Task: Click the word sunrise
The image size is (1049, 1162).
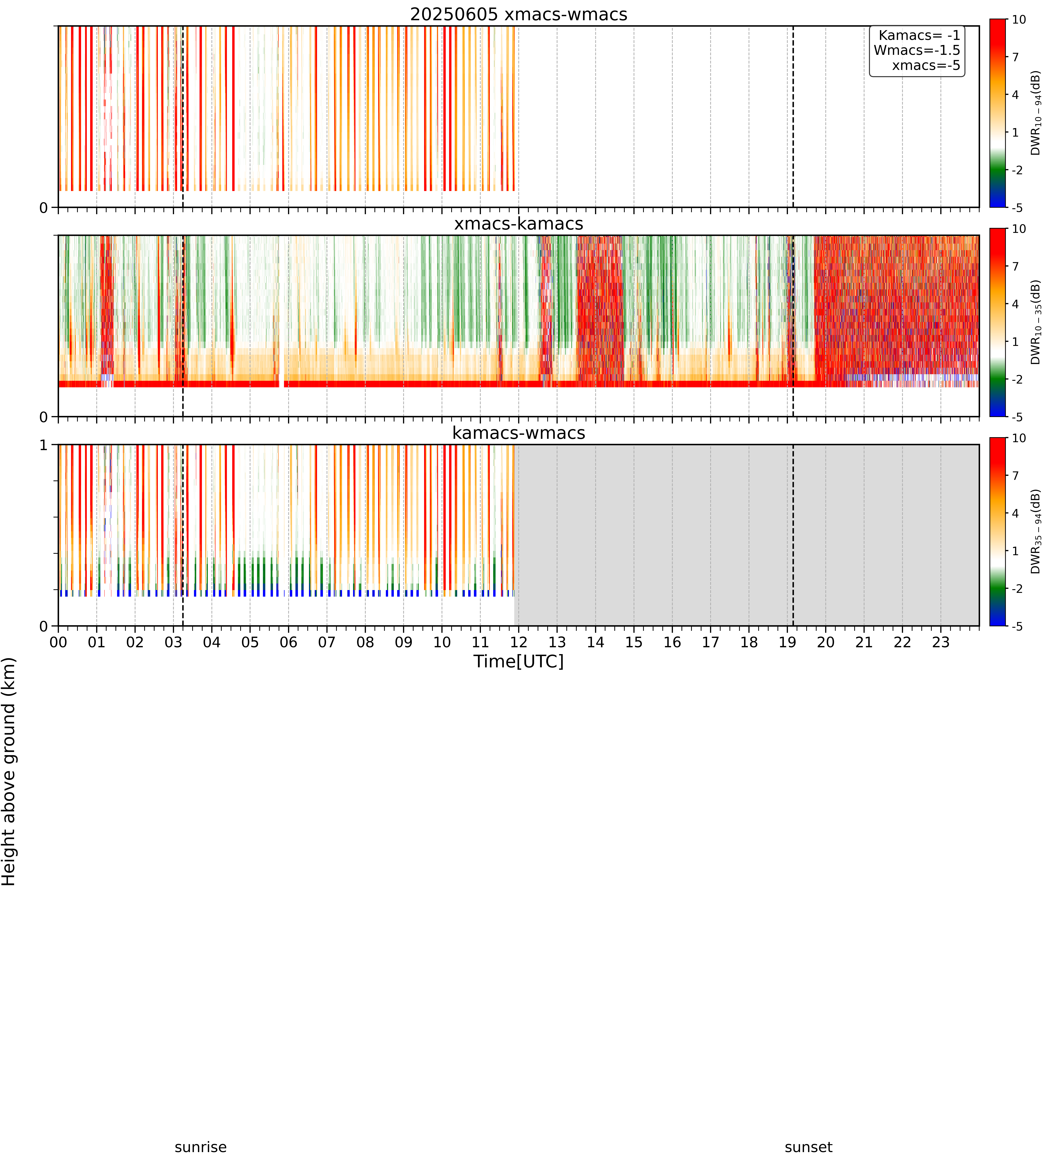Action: pos(201,1147)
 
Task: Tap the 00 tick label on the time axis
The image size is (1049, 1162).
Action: pos(58,642)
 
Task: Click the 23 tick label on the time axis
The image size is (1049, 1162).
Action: pos(941,642)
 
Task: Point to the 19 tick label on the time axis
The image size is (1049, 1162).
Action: pos(787,642)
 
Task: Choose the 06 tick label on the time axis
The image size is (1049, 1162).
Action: pos(288,642)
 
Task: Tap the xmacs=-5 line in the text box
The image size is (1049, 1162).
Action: pos(926,65)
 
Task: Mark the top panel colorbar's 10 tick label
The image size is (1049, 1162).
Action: pos(1019,20)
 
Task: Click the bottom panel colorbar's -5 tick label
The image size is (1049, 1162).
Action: pos(1017,626)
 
